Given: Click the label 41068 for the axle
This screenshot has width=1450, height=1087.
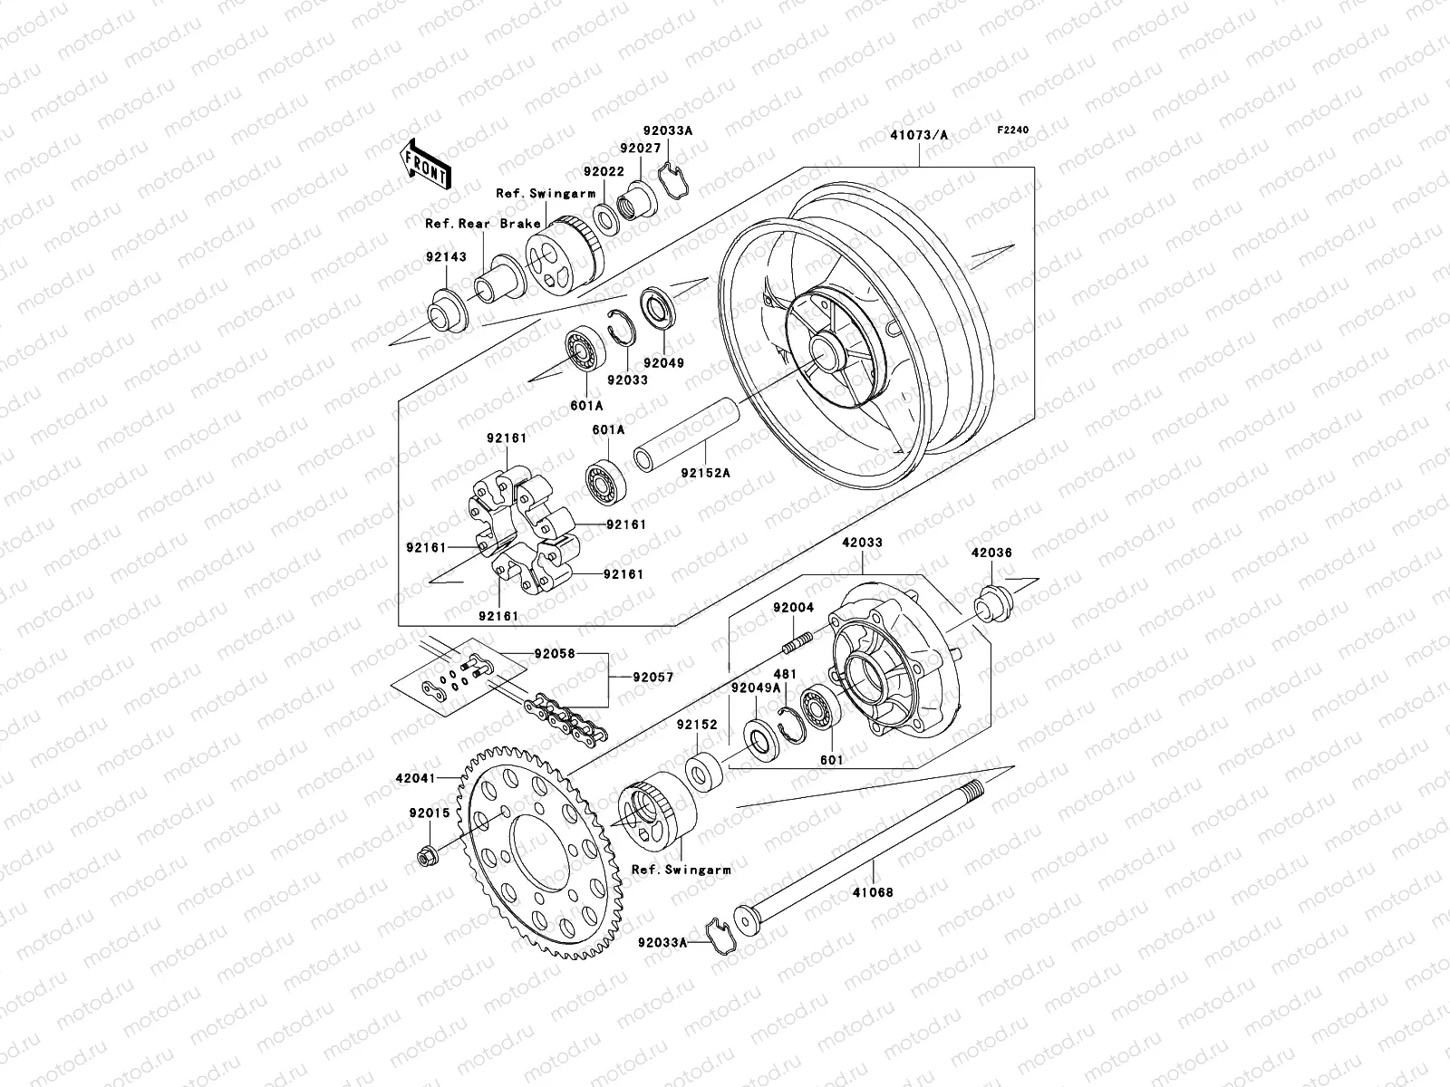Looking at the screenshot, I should tap(874, 892).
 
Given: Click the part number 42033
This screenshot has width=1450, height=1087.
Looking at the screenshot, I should tap(861, 542).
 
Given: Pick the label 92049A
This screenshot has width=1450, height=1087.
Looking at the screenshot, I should tap(756, 688).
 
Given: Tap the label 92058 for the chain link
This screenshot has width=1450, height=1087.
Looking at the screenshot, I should tap(555, 653).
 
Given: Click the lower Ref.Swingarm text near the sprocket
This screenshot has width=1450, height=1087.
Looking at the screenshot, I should tap(681, 870).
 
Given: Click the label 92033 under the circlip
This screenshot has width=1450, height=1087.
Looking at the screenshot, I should tap(628, 380).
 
